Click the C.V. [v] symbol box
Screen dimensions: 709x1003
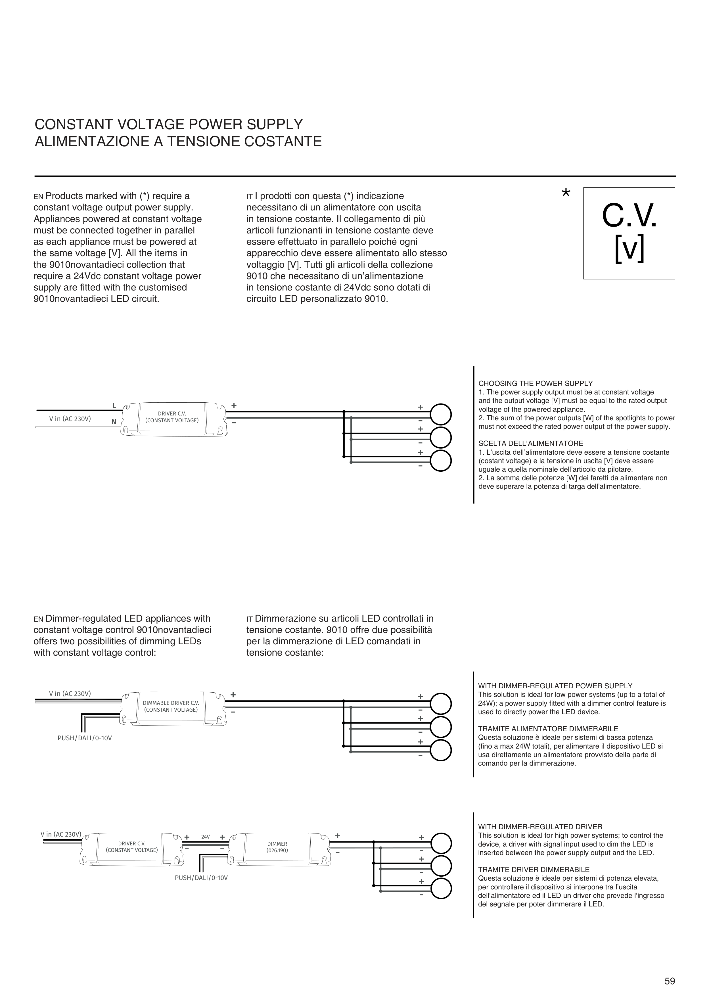pyautogui.click(x=629, y=233)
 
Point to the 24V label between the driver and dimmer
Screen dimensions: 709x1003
pyautogui.click(x=205, y=837)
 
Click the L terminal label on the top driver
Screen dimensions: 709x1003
pyautogui.click(x=114, y=406)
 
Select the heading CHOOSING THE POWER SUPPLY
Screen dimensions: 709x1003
pyautogui.click(x=536, y=384)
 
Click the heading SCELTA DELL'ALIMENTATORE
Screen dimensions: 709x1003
pyautogui.click(x=531, y=443)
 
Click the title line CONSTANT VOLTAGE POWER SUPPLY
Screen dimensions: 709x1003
pyautogui.click(x=169, y=124)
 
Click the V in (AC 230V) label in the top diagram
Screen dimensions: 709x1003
pyautogui.click(x=70, y=419)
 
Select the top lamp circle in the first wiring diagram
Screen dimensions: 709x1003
pyautogui.click(x=441, y=414)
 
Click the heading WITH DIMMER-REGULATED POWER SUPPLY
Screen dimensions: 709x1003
pyautogui.click(x=555, y=686)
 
